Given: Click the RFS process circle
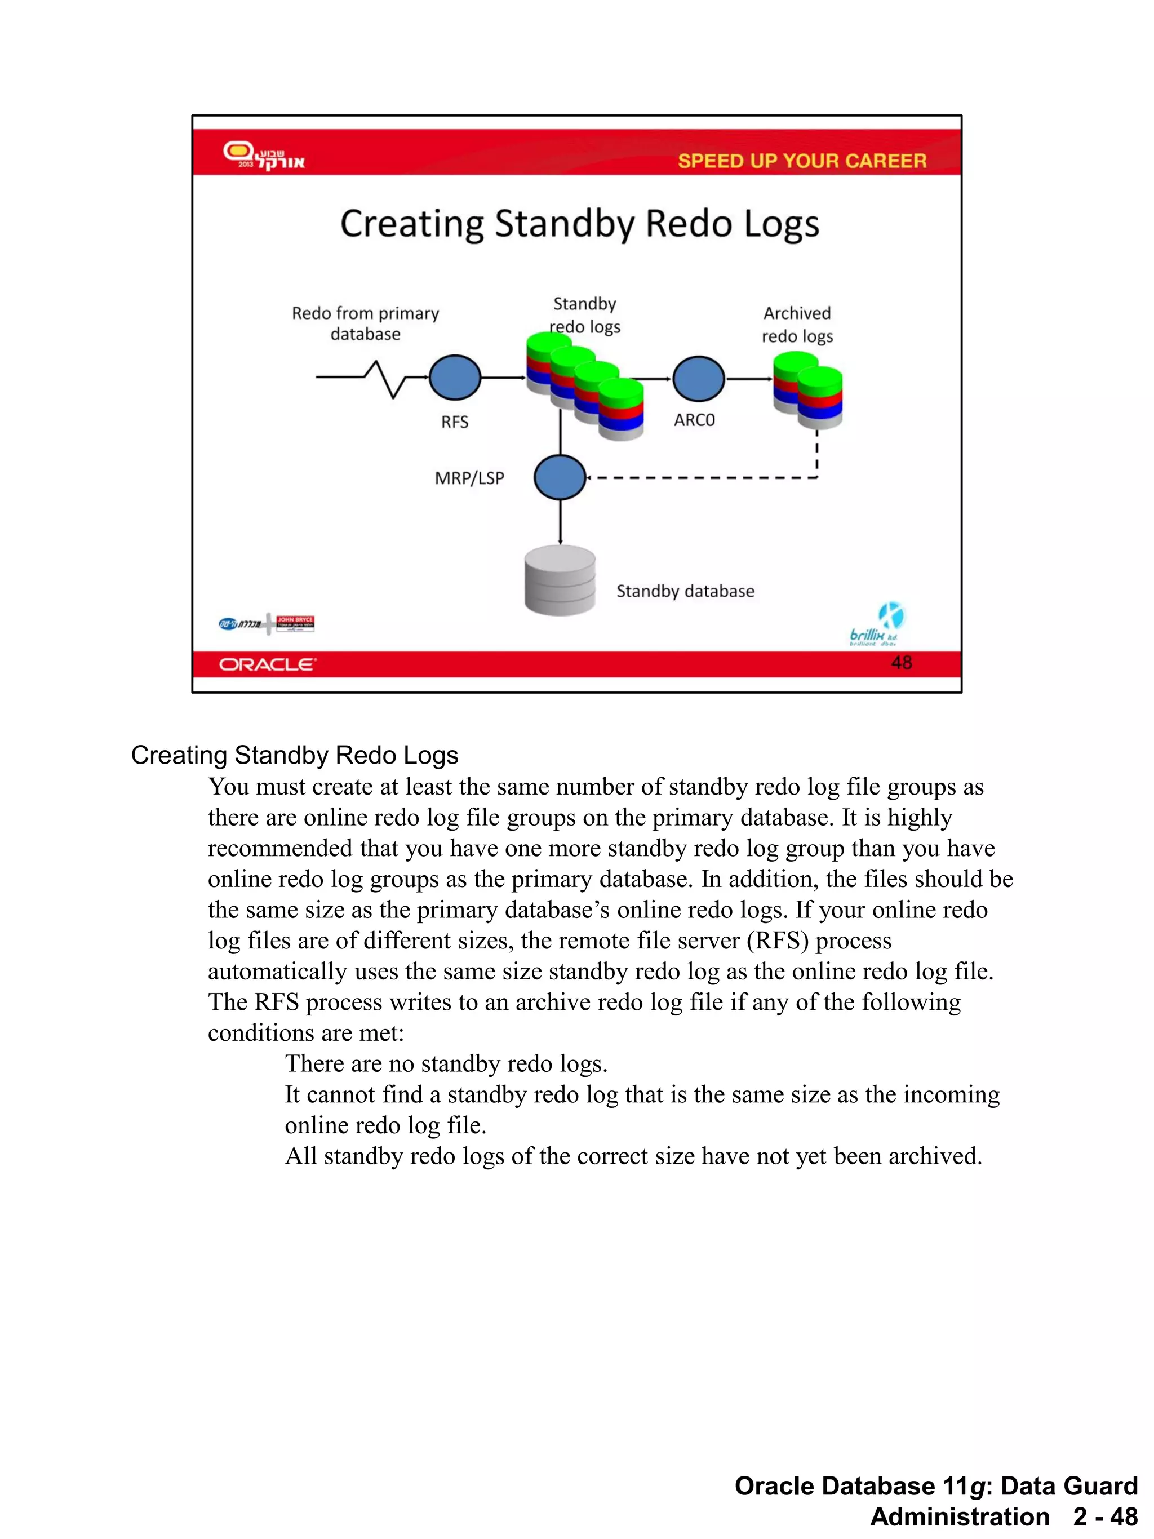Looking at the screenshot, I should click(x=455, y=378).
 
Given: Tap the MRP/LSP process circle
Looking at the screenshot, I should click(x=560, y=477).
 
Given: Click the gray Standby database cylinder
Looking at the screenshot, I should click(x=560, y=581).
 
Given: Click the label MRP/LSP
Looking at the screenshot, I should click(x=469, y=478).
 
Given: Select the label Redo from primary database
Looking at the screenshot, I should click(x=365, y=323).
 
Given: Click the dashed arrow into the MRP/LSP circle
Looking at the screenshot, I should click(x=695, y=478).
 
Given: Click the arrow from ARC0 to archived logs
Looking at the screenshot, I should click(x=749, y=379).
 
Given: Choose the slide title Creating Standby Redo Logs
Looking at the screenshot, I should click(x=579, y=224).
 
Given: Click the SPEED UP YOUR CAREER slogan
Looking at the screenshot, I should click(x=802, y=161).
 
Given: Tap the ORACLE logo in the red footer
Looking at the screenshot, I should click(x=268, y=665).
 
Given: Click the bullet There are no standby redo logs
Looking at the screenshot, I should click(x=446, y=1064).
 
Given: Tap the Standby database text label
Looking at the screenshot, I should click(x=685, y=591).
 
